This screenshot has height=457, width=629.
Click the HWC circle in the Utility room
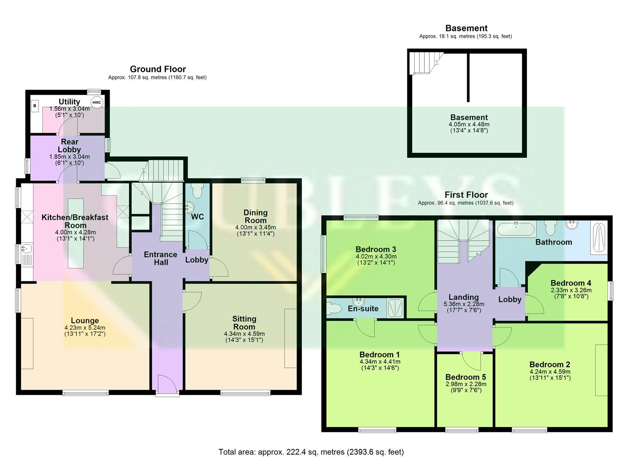[x=97, y=102]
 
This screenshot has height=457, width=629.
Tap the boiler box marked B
[x=35, y=105]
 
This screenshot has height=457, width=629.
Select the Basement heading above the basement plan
[x=466, y=28]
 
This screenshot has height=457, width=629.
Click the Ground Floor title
[x=158, y=69]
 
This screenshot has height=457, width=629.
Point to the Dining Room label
[x=255, y=216]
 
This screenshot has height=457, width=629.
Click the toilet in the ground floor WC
[x=197, y=191]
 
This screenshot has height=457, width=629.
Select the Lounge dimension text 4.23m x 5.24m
[x=85, y=328]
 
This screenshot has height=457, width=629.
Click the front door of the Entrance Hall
[x=167, y=385]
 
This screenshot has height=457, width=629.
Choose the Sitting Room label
[x=244, y=323]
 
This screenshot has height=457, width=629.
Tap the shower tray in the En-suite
[x=396, y=308]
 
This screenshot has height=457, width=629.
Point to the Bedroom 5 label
[x=466, y=377]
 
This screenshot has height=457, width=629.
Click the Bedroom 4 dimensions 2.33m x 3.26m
[x=571, y=290]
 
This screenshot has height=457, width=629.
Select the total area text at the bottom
[x=311, y=452]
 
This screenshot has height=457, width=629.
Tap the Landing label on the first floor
[x=463, y=297]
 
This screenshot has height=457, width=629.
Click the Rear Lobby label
[x=69, y=146]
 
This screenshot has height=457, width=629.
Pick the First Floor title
[x=466, y=195]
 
